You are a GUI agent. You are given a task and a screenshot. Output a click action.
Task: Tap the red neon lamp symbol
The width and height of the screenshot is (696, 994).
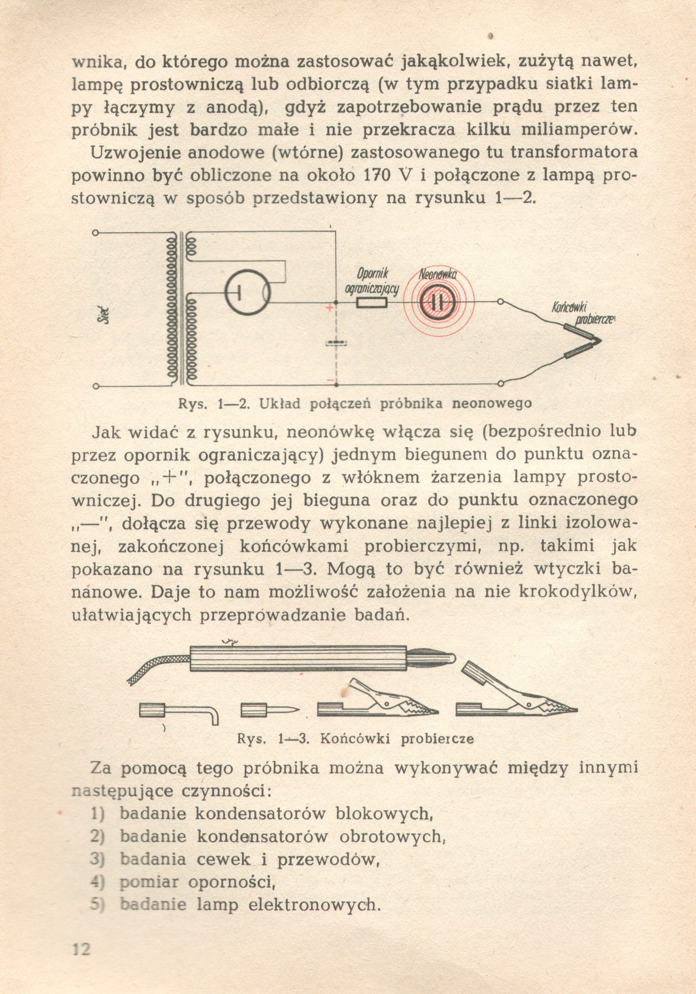[438, 301]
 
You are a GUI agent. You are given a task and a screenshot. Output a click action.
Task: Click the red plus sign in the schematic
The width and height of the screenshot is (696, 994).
[330, 308]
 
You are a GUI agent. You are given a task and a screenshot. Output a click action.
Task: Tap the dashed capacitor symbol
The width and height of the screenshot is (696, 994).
[336, 343]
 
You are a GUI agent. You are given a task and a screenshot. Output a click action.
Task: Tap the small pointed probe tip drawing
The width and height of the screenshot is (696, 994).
[270, 710]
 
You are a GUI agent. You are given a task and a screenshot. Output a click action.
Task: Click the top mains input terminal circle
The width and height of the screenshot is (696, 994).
[96, 233]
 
